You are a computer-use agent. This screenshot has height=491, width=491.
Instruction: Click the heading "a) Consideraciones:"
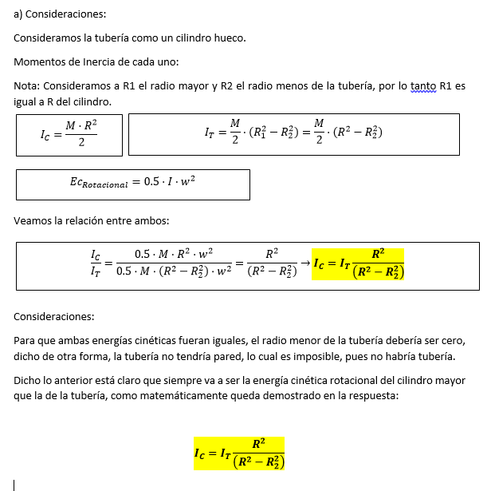click(x=60, y=14)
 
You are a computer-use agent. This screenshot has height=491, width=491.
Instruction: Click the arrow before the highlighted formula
click(x=304, y=262)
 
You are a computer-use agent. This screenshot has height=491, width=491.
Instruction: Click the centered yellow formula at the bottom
click(x=239, y=453)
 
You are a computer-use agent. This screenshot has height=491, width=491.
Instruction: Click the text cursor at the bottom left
click(x=14, y=484)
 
